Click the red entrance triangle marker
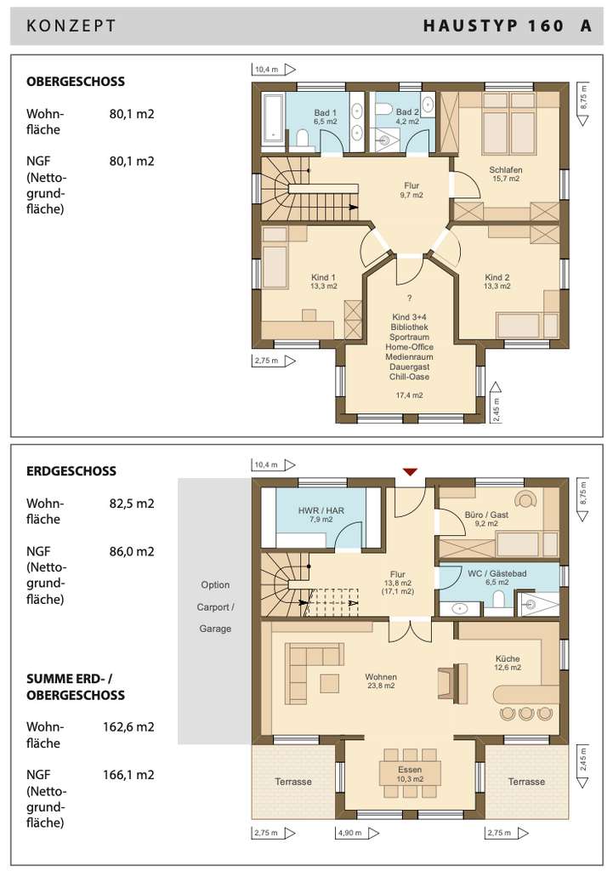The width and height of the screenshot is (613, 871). (x=410, y=472)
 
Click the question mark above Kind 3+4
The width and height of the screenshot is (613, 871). (x=409, y=299)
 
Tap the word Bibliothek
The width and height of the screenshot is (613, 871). (x=409, y=327)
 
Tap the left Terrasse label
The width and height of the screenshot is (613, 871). (x=293, y=782)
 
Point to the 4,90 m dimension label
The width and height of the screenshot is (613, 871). (x=349, y=833)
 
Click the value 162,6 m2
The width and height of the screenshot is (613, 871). (x=128, y=726)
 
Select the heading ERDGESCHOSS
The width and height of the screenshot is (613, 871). (x=71, y=471)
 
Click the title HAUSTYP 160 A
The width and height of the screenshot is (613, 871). (x=508, y=26)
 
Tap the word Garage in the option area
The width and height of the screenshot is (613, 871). (x=215, y=629)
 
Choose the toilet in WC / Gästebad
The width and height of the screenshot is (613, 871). (x=498, y=600)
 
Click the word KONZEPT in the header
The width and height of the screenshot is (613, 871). (x=71, y=26)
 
